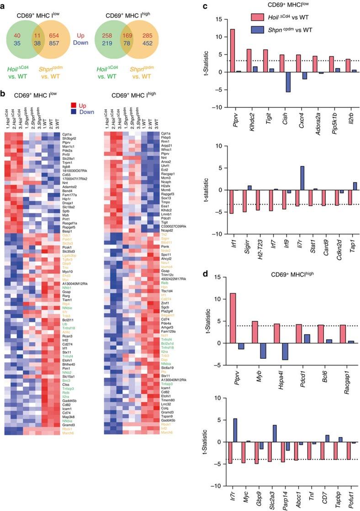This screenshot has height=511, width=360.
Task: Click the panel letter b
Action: point(4,95)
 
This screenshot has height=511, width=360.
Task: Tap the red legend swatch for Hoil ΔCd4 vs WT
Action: point(260,17)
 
